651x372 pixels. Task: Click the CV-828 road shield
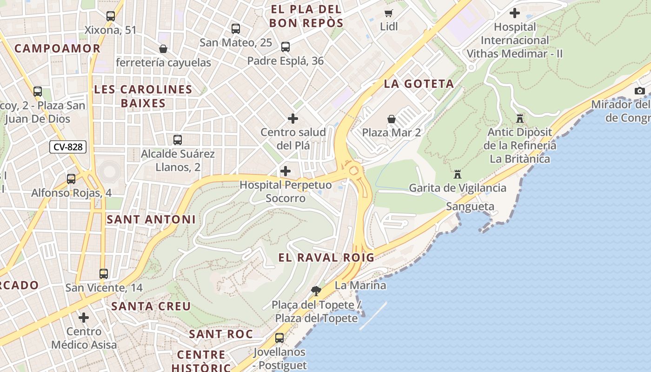(x=68, y=147)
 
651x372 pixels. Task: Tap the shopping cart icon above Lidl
(x=388, y=13)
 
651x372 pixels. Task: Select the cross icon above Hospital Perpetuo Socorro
(x=286, y=171)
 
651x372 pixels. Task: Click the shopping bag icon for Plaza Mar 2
(x=392, y=119)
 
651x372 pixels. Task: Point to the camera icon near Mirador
(x=640, y=91)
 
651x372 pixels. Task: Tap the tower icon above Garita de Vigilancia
(x=458, y=174)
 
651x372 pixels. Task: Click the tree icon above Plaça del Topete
(x=316, y=291)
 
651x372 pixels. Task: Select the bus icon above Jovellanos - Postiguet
(x=279, y=338)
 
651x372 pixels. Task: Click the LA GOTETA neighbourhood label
(x=418, y=84)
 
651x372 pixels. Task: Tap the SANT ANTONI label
(x=151, y=219)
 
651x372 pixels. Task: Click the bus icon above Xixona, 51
(x=111, y=16)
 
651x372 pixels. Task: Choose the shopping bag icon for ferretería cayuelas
(x=163, y=49)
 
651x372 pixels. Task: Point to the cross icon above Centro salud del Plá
(x=293, y=119)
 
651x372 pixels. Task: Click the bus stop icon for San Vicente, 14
(x=104, y=274)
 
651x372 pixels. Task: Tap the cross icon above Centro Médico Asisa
(x=84, y=318)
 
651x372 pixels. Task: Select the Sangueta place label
(x=470, y=206)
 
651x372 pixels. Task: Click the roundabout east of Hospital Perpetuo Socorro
(x=353, y=169)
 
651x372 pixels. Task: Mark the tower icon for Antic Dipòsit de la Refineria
(x=520, y=119)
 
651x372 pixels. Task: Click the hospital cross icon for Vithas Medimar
(x=515, y=13)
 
